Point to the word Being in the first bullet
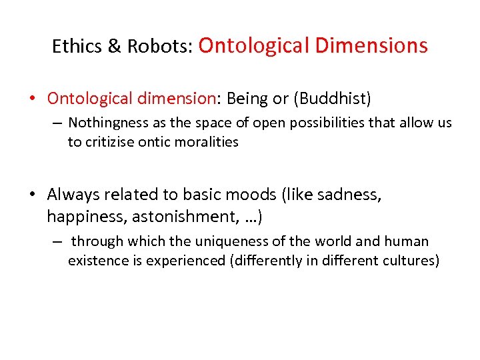[248, 99]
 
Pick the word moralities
[207, 141]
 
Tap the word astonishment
[183, 216]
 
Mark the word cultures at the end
[411, 260]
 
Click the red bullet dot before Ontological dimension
[31, 99]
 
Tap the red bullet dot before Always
[31, 195]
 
